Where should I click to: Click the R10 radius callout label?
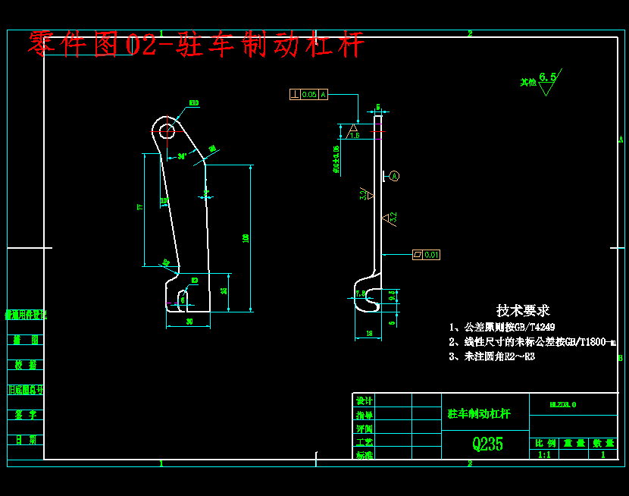(x=194, y=102)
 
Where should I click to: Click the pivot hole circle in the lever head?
(x=167, y=130)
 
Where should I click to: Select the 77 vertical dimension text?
(x=139, y=207)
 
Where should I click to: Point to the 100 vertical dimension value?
(x=246, y=238)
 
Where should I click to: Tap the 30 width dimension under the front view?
(x=189, y=322)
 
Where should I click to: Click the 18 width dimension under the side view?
(x=368, y=334)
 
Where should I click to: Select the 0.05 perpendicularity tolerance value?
(x=309, y=95)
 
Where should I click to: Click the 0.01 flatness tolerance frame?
(x=426, y=255)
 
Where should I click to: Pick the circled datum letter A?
(x=395, y=176)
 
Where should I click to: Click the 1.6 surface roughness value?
(x=355, y=135)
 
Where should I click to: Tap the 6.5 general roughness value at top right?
(x=547, y=77)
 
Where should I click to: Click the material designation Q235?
(x=487, y=444)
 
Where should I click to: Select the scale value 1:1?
(x=544, y=455)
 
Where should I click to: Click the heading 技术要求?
(x=523, y=310)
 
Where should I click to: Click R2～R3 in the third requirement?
(x=519, y=356)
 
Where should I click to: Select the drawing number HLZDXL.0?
(x=562, y=404)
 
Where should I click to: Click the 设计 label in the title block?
(x=365, y=400)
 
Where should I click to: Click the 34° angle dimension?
(x=182, y=157)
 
